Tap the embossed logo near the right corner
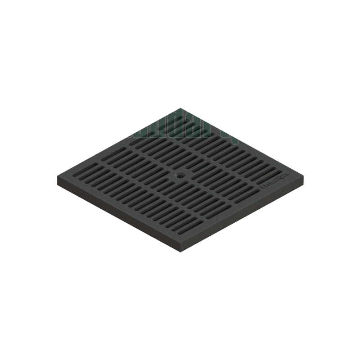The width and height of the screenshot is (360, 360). [x=273, y=184]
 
